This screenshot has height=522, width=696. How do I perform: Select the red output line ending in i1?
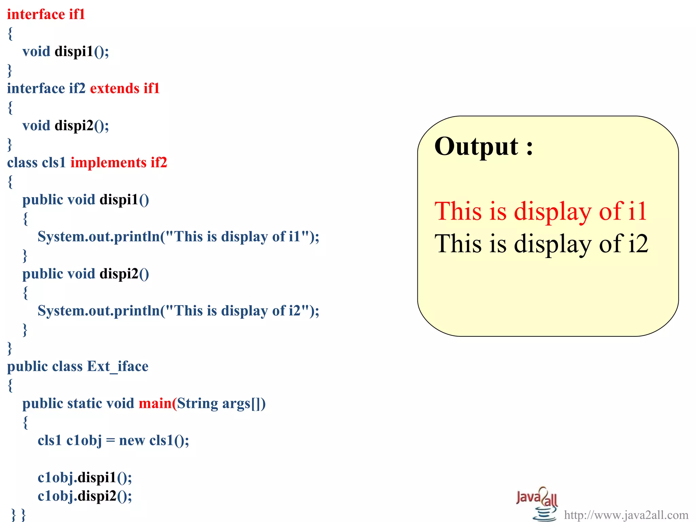540,211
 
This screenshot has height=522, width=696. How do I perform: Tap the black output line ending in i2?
541,244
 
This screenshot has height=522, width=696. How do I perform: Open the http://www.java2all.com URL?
626,515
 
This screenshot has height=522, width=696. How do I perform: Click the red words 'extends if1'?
125,88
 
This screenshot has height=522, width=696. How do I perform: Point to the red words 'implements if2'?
119,162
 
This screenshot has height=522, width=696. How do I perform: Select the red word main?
155,403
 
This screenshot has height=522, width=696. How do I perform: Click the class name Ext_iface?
118,366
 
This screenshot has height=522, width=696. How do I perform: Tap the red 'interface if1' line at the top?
46,14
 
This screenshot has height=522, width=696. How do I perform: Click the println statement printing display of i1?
178,237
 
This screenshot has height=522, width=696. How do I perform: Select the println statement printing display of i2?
178,311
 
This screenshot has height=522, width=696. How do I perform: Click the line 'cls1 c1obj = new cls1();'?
113,440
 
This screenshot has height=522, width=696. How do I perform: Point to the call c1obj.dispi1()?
85,477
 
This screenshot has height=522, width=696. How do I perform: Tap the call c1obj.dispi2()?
85,496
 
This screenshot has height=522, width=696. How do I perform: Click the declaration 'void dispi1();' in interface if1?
66,51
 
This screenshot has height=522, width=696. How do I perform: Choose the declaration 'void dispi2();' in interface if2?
66,125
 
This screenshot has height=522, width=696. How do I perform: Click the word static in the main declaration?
85,403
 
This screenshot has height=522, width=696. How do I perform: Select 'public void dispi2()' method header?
86,274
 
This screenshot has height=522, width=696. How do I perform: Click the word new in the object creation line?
132,440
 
